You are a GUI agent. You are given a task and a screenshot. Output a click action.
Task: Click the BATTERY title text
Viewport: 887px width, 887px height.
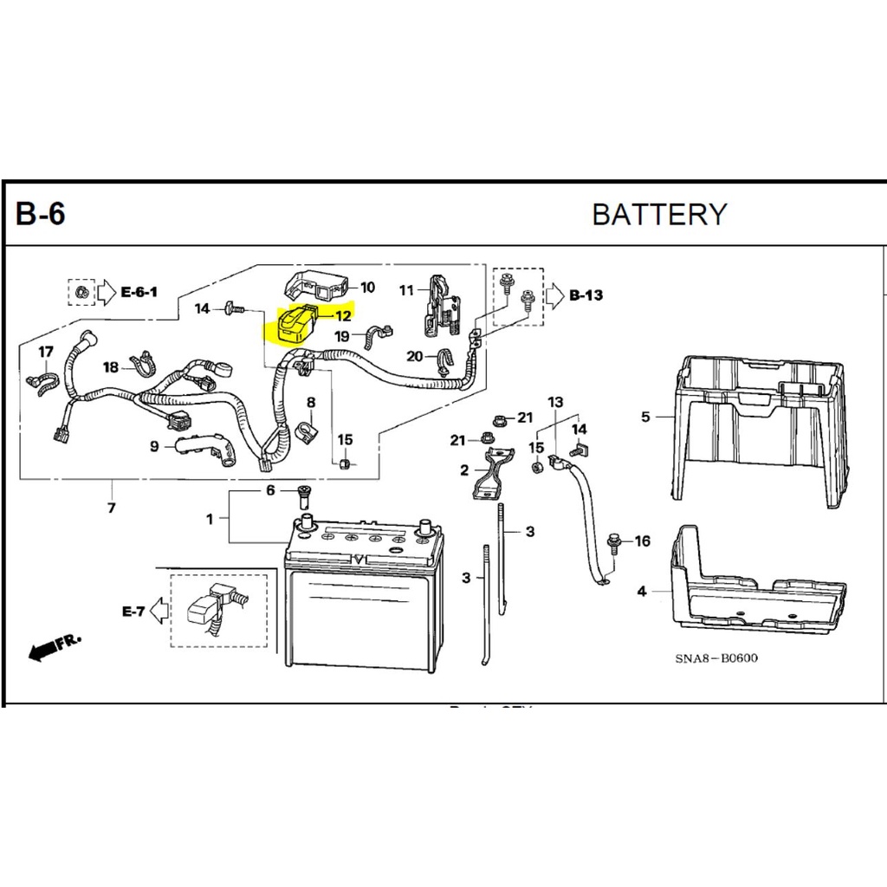tap(659, 214)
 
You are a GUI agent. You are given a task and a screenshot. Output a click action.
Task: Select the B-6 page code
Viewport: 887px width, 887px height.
tap(40, 214)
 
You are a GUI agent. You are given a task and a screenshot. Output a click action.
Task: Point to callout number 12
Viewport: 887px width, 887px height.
tap(343, 316)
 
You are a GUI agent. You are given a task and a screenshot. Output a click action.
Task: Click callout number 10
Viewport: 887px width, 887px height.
tap(366, 288)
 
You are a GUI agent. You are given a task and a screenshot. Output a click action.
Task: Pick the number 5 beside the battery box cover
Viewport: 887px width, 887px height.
tap(645, 418)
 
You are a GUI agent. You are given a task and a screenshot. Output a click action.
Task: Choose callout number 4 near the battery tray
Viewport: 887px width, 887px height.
tap(642, 592)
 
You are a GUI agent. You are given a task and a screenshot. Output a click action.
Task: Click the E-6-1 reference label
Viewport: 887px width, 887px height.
tap(139, 292)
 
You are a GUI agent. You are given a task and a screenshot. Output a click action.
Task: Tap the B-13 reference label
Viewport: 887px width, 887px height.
tap(586, 296)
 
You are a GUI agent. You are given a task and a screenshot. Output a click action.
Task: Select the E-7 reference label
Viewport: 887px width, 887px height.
tap(133, 612)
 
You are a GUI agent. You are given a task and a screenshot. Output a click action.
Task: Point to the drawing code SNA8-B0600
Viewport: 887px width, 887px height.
tap(716, 658)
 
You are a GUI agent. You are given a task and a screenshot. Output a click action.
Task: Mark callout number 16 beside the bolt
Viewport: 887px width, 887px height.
tap(642, 542)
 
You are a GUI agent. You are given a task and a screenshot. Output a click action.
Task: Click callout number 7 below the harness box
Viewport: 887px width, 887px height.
tap(111, 508)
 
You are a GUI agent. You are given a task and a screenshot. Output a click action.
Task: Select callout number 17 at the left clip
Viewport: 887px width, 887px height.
tap(45, 352)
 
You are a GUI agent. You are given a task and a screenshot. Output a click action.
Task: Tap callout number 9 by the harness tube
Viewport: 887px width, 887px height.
tap(154, 447)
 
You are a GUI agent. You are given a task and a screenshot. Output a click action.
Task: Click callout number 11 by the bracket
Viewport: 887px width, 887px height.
tap(407, 290)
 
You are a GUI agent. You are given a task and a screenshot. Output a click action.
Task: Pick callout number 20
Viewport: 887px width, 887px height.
tap(414, 356)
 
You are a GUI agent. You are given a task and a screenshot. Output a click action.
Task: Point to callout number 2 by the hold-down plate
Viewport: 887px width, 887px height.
tap(464, 470)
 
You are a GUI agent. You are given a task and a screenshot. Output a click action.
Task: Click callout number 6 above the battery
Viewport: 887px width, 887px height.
tap(270, 490)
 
